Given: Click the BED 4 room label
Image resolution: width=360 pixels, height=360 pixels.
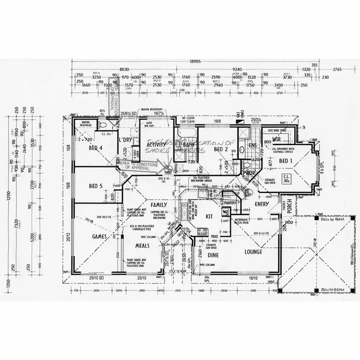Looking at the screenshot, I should (x=96, y=148).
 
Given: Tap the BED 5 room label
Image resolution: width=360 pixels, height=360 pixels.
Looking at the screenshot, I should (x=96, y=186).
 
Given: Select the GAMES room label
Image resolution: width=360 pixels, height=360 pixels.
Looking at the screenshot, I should (x=99, y=237).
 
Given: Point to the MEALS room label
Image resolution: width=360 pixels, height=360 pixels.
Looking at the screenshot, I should (x=142, y=245).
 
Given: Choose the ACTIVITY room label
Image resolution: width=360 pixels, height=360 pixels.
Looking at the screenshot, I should (x=156, y=144).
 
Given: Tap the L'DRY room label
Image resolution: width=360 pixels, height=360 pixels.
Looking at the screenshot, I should (x=125, y=140).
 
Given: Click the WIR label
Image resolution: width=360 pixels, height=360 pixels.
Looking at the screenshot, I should (x=276, y=139).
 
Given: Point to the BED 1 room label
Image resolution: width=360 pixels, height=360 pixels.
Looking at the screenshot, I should (x=286, y=161).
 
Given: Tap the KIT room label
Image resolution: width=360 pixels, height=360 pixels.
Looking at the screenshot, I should (x=209, y=216).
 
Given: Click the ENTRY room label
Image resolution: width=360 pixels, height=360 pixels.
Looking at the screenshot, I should (x=263, y=204).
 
